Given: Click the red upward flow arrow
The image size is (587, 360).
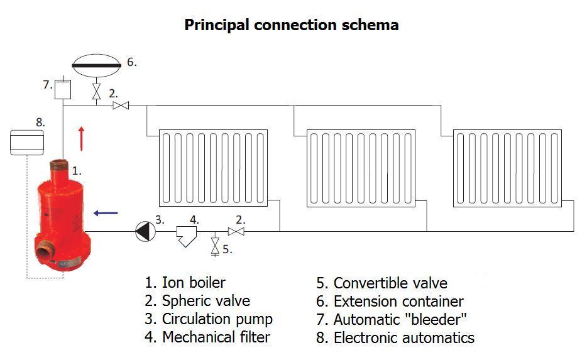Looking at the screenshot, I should click(80, 138).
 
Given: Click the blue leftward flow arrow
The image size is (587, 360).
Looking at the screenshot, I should click(105, 213).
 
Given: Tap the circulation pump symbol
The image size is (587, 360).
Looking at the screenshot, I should click(144, 231).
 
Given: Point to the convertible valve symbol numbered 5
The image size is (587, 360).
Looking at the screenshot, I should click(216, 245).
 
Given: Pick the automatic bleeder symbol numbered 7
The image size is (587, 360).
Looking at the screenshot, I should click(62, 89).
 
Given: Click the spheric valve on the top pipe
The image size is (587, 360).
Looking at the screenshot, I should click(121, 106).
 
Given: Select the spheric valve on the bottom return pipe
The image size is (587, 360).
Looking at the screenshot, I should click(236, 231).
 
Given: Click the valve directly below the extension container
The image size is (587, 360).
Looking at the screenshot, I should click(96, 92).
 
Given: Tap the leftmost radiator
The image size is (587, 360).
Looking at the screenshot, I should click(213, 168).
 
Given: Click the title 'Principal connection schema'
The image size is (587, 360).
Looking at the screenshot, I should click(291, 25).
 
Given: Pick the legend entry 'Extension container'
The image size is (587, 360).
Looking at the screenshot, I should click(390, 302).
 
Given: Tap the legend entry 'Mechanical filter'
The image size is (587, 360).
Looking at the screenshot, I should click(207, 337).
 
